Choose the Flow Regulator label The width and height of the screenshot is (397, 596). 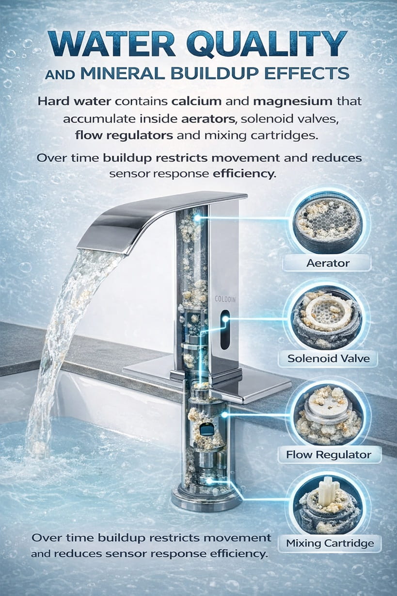point(328,455)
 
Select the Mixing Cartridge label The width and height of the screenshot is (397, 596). point(330,543)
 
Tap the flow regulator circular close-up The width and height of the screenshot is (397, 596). point(327,414)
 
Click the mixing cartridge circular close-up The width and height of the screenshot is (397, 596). point(328,503)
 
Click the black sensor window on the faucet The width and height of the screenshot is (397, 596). point(225,330)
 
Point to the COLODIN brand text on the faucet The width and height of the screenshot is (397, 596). point(225,300)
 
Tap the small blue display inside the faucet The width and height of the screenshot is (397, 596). point(207,429)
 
